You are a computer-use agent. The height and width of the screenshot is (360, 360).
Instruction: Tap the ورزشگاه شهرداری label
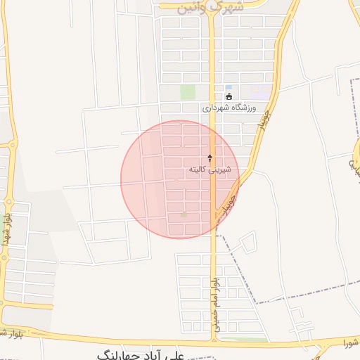pyautogui.click(x=230, y=108)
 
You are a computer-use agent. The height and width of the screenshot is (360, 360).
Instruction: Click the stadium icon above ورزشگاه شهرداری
pyautogui.click(x=229, y=96)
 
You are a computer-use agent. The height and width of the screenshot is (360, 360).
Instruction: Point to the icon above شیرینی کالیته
pyautogui.click(x=210, y=158)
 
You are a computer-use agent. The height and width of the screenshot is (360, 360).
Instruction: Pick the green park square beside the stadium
pyautogui.click(x=187, y=92)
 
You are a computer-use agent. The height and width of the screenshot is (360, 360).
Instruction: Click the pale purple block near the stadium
pyautogui.click(x=260, y=92)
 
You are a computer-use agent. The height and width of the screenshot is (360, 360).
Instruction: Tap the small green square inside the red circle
pyautogui.click(x=184, y=214)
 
